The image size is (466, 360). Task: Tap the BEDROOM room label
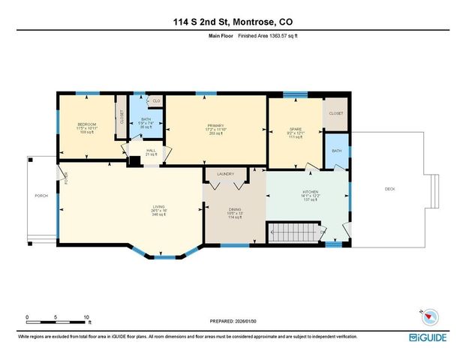87,124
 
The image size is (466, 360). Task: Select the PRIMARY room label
216,125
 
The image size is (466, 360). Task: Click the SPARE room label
295,128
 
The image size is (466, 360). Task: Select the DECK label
389,189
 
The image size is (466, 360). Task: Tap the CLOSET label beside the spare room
335,113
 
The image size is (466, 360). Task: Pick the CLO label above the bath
156,100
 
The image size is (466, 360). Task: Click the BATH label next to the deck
337,150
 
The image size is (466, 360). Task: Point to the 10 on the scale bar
87,316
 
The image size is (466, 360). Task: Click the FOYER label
66,178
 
